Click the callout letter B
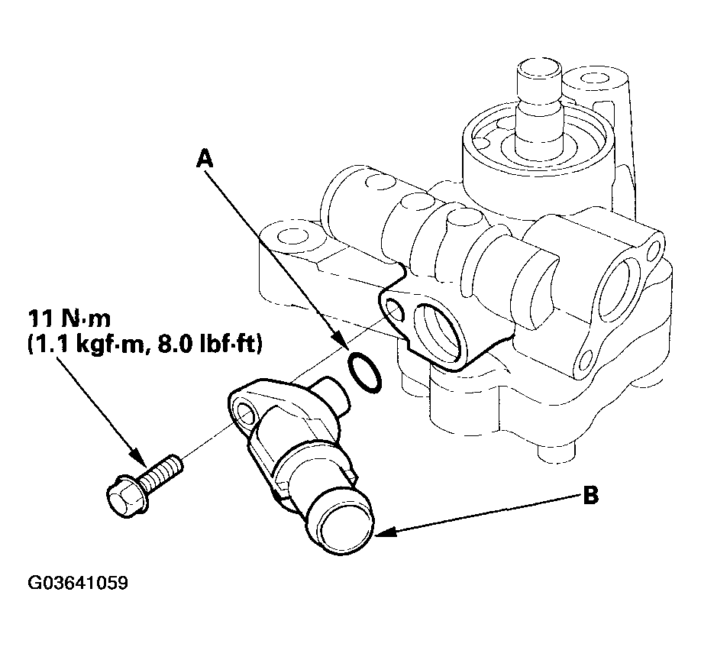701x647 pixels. click(x=590, y=497)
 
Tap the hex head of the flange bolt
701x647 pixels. click(x=124, y=497)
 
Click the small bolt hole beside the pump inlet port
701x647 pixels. click(x=393, y=308)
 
